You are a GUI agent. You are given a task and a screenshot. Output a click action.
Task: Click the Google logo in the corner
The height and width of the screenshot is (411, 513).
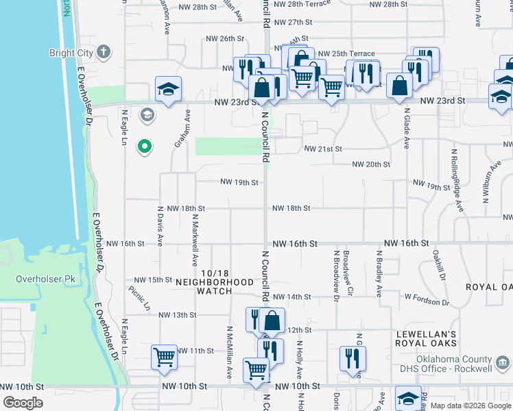[x=23, y=403]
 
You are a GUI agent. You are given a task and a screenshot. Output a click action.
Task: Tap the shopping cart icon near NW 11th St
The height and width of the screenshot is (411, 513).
[x=165, y=357]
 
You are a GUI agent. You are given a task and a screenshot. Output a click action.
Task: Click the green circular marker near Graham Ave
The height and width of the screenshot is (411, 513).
[x=144, y=146]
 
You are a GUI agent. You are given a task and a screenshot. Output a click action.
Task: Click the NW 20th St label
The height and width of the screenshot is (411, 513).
[x=371, y=164]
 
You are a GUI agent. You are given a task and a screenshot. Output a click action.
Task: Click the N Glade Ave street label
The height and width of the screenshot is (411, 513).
[x=407, y=130]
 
